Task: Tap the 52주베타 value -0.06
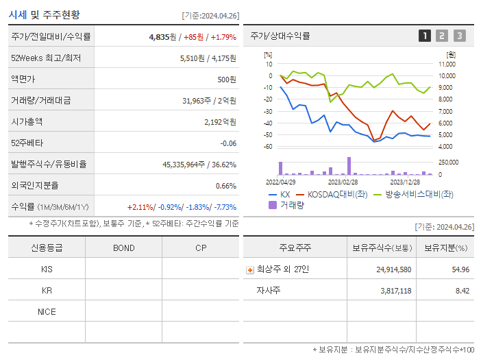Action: (x=227, y=143)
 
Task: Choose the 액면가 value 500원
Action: (x=226, y=79)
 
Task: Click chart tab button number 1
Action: (x=425, y=36)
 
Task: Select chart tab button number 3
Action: (x=459, y=36)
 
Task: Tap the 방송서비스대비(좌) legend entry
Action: (x=413, y=194)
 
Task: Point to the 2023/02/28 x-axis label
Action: (x=343, y=182)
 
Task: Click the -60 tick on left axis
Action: (x=267, y=147)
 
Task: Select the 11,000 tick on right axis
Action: (x=447, y=64)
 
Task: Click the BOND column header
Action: (x=123, y=248)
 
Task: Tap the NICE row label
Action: (x=47, y=311)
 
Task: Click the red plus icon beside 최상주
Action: (x=250, y=269)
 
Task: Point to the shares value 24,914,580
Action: (x=393, y=269)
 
